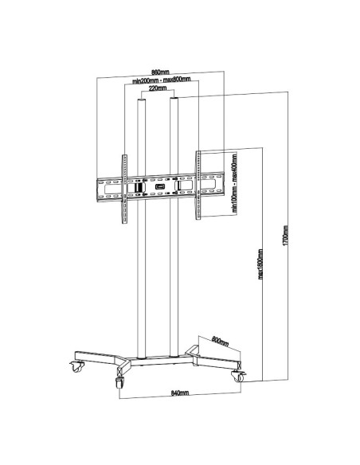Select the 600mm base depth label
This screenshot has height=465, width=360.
tap(221, 343)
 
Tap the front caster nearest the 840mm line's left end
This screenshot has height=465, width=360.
tap(120, 383)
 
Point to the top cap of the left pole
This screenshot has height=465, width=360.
tap(143, 102)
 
